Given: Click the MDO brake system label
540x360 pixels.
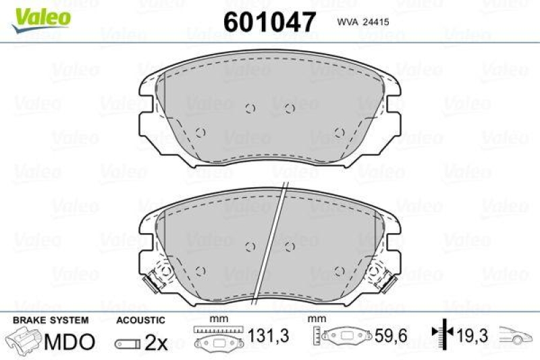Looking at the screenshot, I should (69, 342).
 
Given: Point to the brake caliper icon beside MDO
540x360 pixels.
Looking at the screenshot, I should (23, 341).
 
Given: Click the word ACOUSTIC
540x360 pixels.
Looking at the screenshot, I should (140, 320).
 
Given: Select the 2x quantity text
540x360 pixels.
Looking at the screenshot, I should (156, 342).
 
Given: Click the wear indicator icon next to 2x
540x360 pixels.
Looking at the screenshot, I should (128, 343).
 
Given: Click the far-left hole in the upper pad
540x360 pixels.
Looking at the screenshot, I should (199, 132).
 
